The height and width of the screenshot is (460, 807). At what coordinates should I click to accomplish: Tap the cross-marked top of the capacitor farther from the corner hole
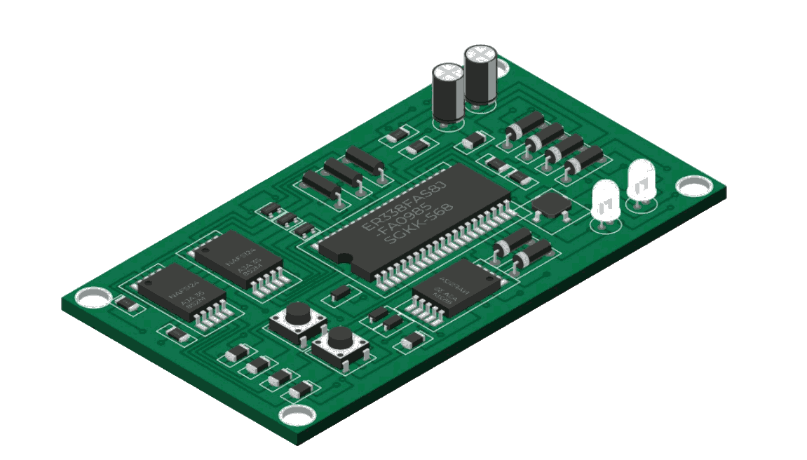[x=448, y=72]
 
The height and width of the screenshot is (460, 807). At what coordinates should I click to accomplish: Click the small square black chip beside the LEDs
[x=551, y=204]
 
